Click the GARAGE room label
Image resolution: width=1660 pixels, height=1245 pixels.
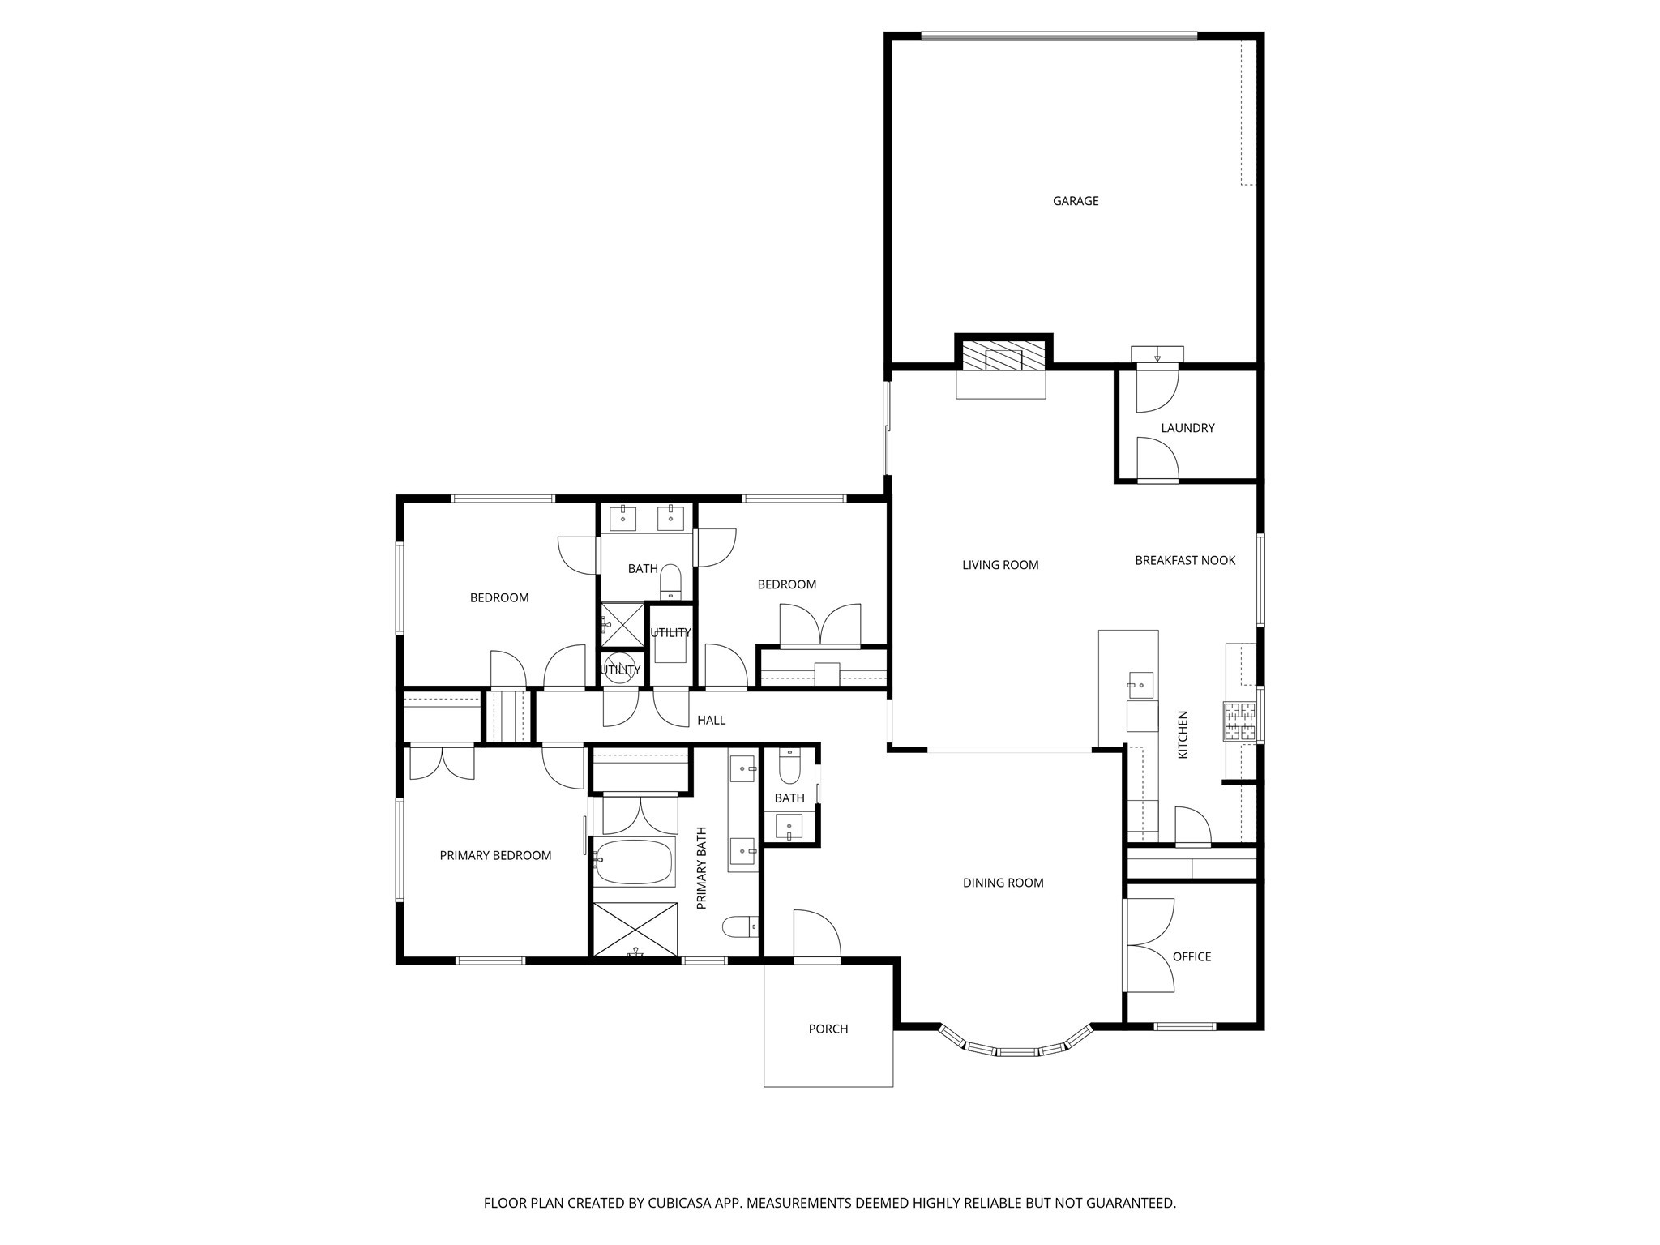pyautogui.click(x=1075, y=201)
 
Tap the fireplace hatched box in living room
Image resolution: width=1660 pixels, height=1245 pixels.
pyautogui.click(x=1003, y=355)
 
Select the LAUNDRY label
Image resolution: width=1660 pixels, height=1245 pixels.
pyautogui.click(x=1187, y=428)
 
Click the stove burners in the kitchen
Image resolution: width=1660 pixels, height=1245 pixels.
pyautogui.click(x=1239, y=721)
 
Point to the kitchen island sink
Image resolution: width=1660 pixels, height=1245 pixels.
pyautogui.click(x=1140, y=685)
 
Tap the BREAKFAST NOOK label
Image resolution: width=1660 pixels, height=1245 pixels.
pyautogui.click(x=1184, y=560)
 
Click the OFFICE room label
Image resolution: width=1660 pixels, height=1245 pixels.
pyautogui.click(x=1191, y=956)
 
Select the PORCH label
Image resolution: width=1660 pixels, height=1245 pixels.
pyautogui.click(x=828, y=1029)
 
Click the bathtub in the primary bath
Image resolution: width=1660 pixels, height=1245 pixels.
pyautogui.click(x=635, y=862)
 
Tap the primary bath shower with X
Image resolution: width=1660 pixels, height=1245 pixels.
pyautogui.click(x=635, y=929)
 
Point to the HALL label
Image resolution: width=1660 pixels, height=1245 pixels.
pyautogui.click(x=711, y=720)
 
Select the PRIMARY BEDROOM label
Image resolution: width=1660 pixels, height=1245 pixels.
pyautogui.click(x=495, y=855)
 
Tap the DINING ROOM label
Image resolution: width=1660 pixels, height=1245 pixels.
pyautogui.click(x=1003, y=883)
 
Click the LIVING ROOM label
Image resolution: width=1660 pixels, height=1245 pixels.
pyautogui.click(x=999, y=565)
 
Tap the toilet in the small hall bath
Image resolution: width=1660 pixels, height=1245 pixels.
pyautogui.click(x=789, y=764)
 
